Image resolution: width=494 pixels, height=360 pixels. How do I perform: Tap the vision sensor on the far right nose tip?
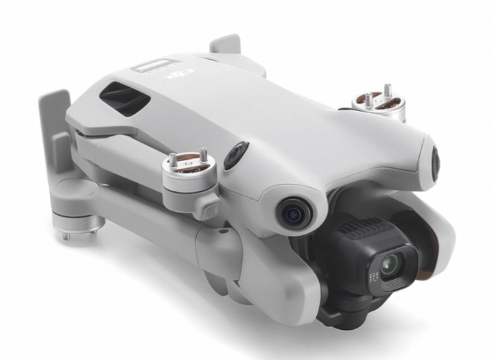click(x=436, y=162)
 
